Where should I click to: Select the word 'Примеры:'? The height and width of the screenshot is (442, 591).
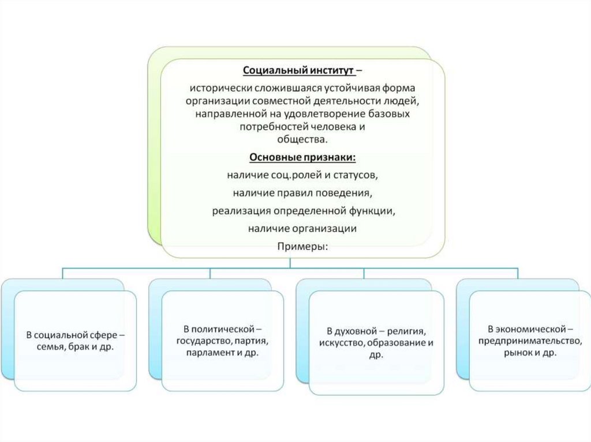point(302,247)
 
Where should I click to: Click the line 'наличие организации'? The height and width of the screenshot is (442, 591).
point(302,229)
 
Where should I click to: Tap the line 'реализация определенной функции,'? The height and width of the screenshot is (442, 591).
point(303,210)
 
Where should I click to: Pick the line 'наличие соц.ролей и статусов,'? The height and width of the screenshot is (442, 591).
point(302,175)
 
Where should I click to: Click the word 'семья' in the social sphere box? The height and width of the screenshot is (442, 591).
point(46,346)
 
